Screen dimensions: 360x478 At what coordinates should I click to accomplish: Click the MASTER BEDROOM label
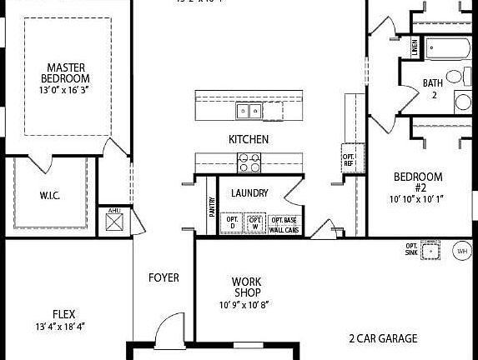(x=68, y=73)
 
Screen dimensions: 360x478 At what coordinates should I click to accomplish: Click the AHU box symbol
(x=114, y=221)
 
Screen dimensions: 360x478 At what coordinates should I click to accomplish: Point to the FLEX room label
(x=64, y=314)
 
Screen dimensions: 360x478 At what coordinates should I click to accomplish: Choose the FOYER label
(x=164, y=277)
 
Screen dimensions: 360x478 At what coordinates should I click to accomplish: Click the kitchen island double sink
(x=248, y=109)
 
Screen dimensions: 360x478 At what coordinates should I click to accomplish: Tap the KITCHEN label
(x=249, y=139)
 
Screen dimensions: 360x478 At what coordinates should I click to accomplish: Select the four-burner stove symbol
(x=249, y=162)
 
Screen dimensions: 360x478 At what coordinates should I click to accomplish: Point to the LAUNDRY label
(x=250, y=193)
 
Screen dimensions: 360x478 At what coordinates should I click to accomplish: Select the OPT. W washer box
(x=256, y=223)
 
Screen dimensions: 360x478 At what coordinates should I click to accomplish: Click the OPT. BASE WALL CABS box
(x=284, y=224)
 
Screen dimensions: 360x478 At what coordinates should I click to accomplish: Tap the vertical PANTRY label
(x=211, y=206)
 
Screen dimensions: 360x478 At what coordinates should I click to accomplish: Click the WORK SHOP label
(x=247, y=287)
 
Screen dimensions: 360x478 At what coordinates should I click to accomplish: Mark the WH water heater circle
(x=461, y=250)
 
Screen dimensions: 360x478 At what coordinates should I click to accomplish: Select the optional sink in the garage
(x=430, y=250)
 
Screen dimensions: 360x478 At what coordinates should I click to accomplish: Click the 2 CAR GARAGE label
(x=383, y=339)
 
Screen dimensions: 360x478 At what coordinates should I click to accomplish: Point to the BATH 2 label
(x=432, y=88)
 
